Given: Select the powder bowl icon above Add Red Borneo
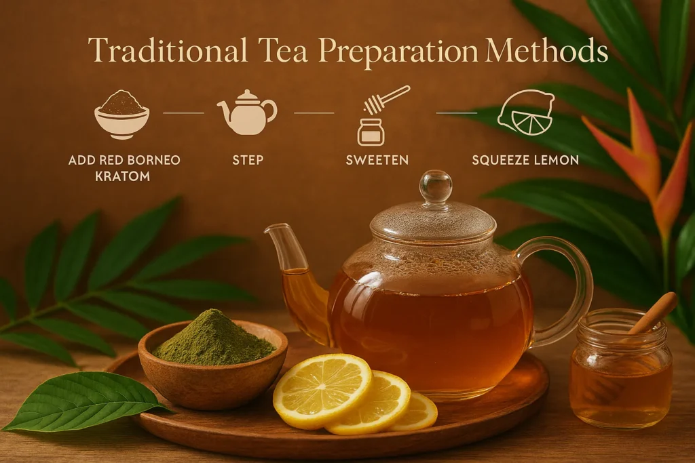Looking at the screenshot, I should [122, 113].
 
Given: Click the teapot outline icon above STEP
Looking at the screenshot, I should [246, 113].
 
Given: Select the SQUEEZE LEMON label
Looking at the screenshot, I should [525, 161].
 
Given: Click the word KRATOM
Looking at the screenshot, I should [124, 176].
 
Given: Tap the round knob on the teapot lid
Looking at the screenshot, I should [436, 186].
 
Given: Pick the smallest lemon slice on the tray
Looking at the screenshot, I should [418, 412].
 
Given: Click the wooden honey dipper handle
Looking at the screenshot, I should [654, 313].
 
